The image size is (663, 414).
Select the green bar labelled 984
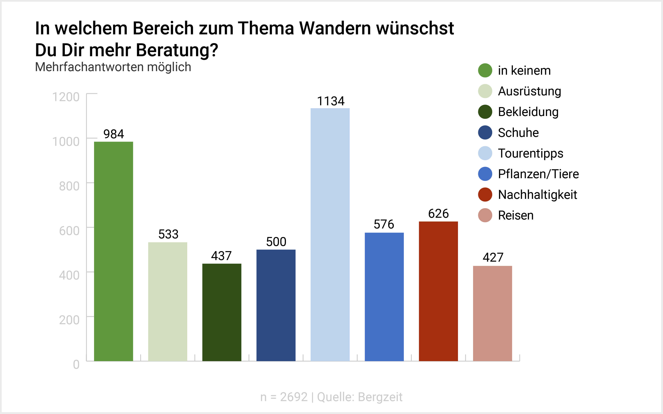pos(114,251)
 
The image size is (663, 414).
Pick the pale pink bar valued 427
pos(493,313)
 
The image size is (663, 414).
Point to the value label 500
pos(276,242)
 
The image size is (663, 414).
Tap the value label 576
pos(384,224)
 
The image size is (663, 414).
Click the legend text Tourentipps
pos(530,153)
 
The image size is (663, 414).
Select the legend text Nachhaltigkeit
pos(538,195)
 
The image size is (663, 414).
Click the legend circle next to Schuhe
pos(485,133)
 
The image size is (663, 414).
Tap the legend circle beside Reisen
pos(485,215)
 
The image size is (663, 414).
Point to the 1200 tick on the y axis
pos(66,97)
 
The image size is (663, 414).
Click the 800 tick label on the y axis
pos(69,186)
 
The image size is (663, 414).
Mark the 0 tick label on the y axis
pos(76,365)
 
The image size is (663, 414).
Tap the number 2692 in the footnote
pos(294,397)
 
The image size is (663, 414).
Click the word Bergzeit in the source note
pos(380,397)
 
